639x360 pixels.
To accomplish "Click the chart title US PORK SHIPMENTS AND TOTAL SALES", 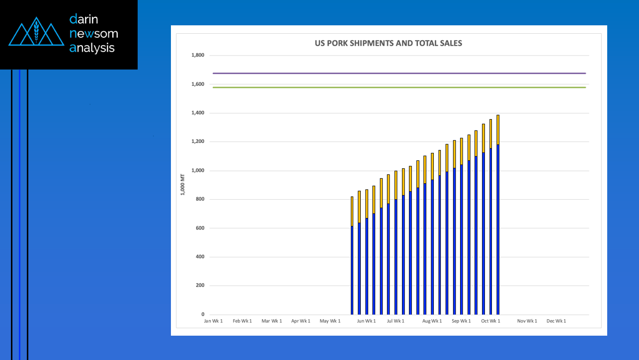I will pos(388,43).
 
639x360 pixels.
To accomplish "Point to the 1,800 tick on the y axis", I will pos(198,55).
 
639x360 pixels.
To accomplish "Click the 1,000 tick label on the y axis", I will pos(198,170).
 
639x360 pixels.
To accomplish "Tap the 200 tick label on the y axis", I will pos(199,286).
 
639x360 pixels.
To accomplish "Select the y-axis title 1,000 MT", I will pos(182,185).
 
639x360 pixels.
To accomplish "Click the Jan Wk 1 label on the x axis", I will pos(213,321).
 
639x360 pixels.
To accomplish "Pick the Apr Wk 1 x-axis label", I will pos(301,321).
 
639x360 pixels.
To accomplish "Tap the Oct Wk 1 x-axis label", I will pos(491,321).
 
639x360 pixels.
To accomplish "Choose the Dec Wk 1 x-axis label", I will pos(557,321).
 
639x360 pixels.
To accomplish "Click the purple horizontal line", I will pos(398,73).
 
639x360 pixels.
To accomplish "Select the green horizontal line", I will pos(398,87).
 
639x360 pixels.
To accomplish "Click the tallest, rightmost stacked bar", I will pos(498,214).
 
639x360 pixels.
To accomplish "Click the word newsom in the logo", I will pos(94,34).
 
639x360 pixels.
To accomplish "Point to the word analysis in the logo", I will pos(92,48).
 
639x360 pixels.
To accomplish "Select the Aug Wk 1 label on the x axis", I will pos(432,321).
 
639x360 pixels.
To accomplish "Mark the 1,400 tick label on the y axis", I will pos(198,113).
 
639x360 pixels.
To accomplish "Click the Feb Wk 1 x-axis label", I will pos(242,321).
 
